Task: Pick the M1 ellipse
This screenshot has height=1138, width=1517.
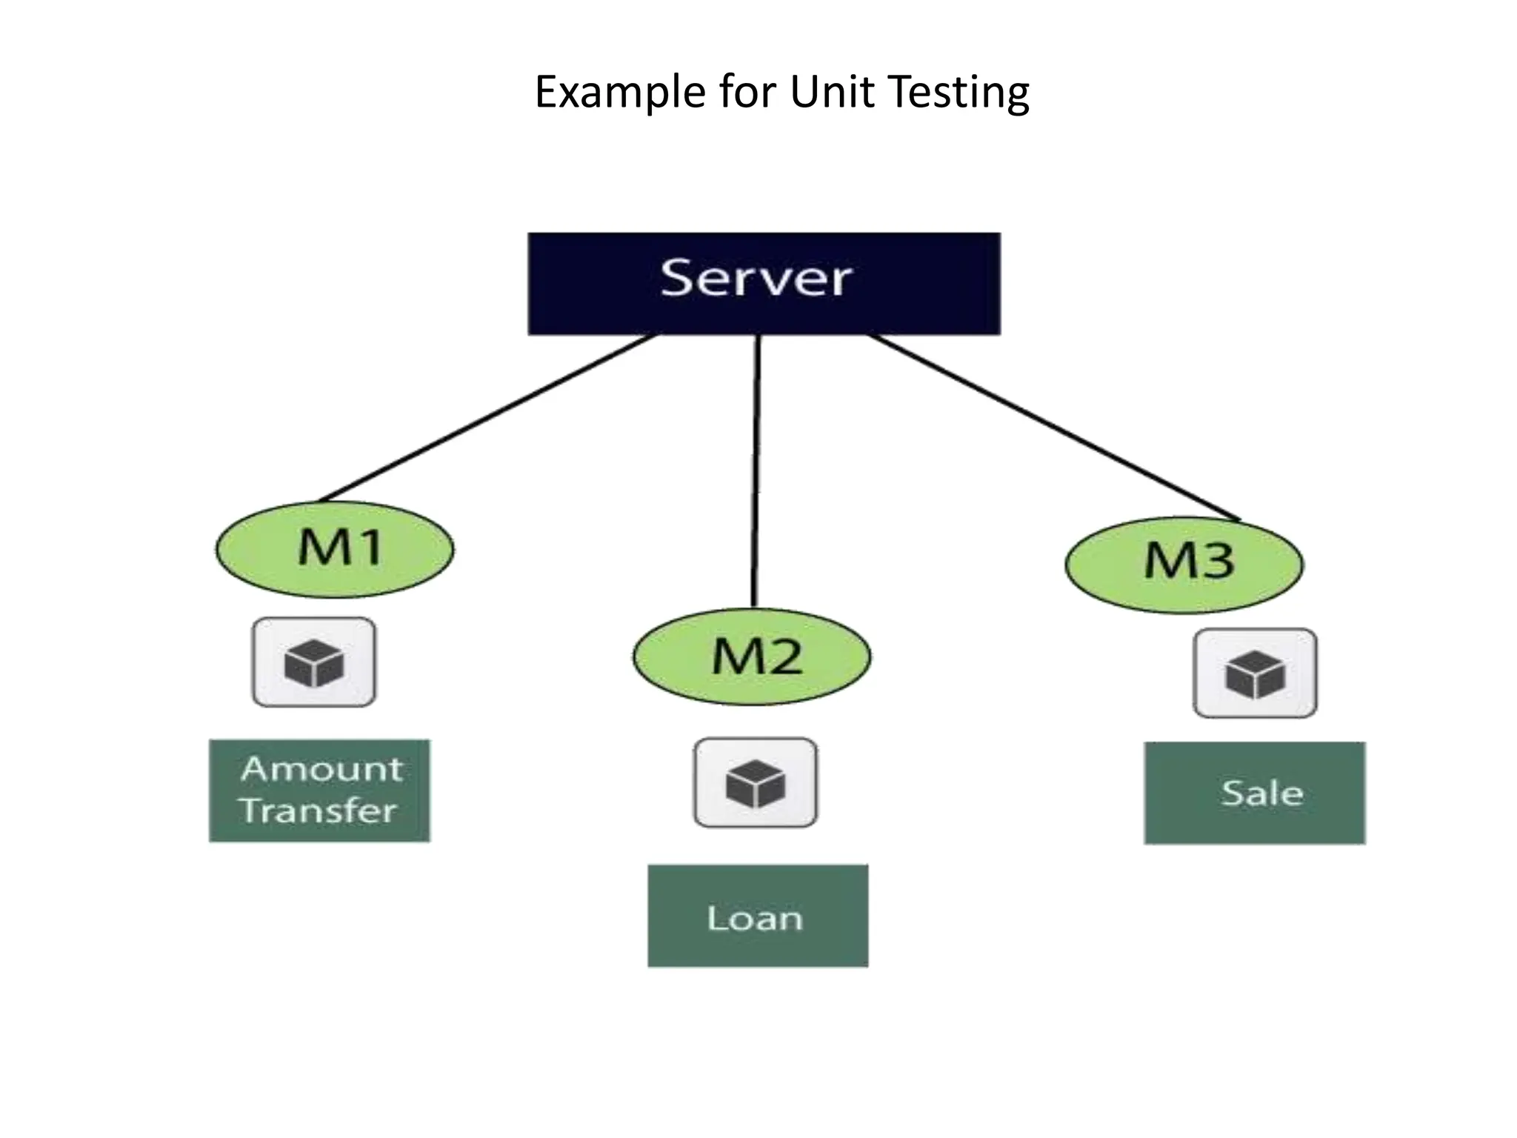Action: [x=335, y=550]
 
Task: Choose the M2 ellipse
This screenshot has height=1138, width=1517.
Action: [x=752, y=657]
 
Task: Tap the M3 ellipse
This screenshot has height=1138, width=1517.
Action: [x=1184, y=565]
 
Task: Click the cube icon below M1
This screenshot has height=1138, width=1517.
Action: [x=314, y=662]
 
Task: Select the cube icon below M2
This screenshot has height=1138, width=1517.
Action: [x=756, y=782]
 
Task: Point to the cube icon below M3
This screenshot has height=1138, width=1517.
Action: [x=1255, y=673]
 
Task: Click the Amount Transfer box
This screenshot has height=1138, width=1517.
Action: [x=319, y=791]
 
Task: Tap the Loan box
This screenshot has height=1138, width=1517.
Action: [x=758, y=916]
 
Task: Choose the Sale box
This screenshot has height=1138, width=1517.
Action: [x=1254, y=793]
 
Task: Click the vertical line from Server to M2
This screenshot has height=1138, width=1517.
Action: [x=756, y=470]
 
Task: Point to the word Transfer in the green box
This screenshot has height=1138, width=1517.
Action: [x=319, y=810]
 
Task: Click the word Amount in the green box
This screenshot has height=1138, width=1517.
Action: [x=322, y=769]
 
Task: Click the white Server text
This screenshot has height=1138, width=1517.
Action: [x=756, y=279]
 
